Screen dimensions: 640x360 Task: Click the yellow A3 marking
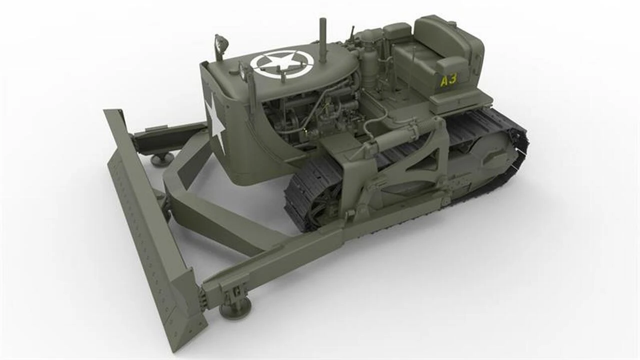pyautogui.click(x=449, y=80)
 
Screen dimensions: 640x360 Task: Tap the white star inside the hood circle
pyautogui.click(x=281, y=63)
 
